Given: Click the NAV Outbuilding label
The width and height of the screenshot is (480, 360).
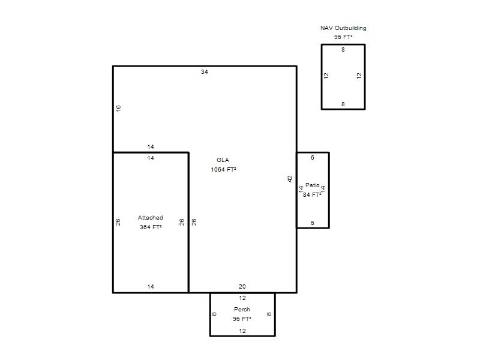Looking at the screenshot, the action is point(343,28).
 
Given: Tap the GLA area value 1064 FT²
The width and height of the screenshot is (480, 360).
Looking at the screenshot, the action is point(223,170).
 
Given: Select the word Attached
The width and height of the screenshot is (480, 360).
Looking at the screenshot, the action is point(151,218).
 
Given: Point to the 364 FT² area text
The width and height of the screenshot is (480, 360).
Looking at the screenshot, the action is point(151,227).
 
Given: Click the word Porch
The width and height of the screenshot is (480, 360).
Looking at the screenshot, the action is point(242,310).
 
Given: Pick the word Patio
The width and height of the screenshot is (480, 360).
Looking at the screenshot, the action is point(313,185).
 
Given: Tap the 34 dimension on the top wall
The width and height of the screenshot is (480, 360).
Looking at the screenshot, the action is point(205,72).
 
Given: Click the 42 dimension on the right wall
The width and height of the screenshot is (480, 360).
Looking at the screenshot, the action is point(290,179).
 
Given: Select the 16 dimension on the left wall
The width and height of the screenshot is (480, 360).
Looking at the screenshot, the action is point(118,108).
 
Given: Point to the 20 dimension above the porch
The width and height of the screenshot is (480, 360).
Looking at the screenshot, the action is point(242,287).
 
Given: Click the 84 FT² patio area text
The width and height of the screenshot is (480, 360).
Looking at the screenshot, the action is point(312,194).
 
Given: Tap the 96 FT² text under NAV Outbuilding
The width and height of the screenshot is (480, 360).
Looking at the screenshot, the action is point(343,37).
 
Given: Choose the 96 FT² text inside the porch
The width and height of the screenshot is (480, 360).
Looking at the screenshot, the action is point(242,319).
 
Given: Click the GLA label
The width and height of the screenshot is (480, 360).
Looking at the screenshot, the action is point(223,160).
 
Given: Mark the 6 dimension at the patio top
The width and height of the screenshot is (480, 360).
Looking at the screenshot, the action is point(312,158).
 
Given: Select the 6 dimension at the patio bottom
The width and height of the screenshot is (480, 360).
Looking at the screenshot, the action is point(312,223).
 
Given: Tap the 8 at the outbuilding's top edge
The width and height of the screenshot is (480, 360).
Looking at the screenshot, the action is point(343,50).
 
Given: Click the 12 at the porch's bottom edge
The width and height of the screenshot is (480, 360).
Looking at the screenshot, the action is point(242,331).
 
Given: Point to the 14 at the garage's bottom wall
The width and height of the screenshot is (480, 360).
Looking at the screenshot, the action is point(151,287).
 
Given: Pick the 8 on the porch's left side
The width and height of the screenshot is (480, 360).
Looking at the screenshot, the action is point(214,314).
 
